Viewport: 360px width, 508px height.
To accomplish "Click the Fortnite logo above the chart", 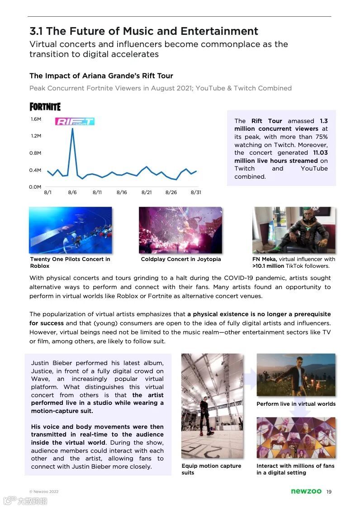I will point(45,107).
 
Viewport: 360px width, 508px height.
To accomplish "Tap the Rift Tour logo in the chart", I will point(75,121).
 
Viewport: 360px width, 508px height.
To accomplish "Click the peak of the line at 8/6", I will point(72,128).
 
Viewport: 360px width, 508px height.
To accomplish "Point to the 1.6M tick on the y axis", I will point(36,119).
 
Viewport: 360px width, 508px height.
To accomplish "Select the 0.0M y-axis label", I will point(36,187).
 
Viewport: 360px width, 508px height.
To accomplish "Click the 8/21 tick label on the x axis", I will point(146,192).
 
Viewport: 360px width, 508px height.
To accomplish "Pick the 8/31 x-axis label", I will point(196,192).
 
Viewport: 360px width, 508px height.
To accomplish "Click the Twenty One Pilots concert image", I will point(70,230).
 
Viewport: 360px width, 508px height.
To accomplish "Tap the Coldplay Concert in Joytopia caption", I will point(181,259).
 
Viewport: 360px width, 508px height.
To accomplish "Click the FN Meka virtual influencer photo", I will point(294,230).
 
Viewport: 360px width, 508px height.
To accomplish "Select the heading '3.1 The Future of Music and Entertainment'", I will point(144,31).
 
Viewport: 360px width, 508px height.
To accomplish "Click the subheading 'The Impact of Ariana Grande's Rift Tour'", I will point(101,76).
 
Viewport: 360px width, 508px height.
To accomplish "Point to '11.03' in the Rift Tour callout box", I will point(320,153).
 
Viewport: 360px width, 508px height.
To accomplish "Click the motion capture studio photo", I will point(212,406).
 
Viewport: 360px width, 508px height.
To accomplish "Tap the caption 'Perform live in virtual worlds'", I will point(296,404).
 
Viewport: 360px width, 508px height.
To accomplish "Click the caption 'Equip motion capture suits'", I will point(211,469).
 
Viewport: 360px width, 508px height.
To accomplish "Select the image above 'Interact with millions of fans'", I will point(296,437).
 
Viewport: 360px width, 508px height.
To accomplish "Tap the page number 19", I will point(329,492).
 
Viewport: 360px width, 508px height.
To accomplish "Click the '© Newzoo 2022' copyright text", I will point(44,492).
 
